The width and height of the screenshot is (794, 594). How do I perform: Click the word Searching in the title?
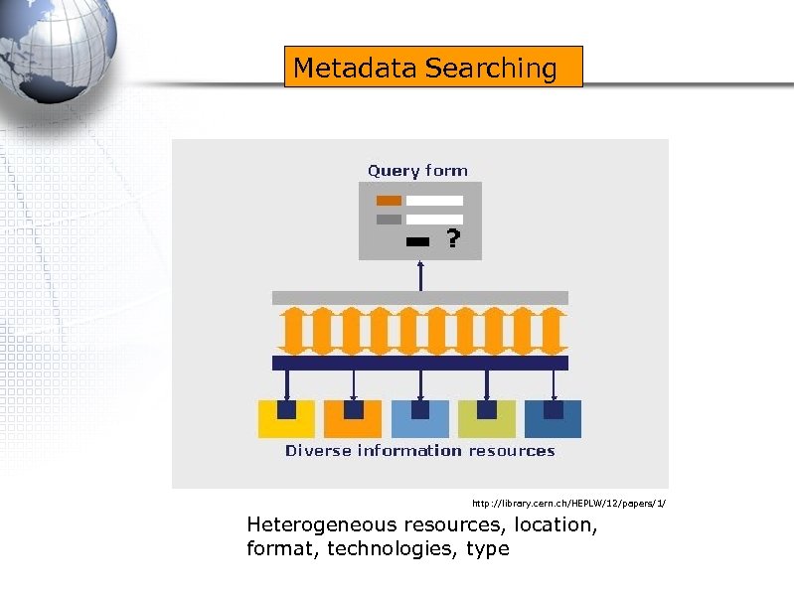coord(491,69)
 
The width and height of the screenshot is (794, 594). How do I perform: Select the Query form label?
coord(417,171)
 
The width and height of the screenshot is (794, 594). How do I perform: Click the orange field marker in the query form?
coord(389,201)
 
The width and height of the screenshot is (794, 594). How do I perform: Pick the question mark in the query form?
coord(452,239)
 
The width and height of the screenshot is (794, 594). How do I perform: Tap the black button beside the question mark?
coord(418,241)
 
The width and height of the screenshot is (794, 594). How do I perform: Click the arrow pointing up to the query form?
coord(420,275)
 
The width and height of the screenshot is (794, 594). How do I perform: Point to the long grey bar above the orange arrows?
coord(419,298)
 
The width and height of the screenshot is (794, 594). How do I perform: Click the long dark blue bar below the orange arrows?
coord(419,364)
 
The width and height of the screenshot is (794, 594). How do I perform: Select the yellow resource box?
coord(286,419)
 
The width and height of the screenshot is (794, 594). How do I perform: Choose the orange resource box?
coord(353,419)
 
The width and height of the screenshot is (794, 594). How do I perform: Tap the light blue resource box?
coord(420,419)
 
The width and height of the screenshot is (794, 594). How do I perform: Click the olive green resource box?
coord(487,419)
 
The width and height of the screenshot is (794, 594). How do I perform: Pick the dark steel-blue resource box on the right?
coord(554,419)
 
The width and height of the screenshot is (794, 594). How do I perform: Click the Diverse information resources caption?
coord(419,451)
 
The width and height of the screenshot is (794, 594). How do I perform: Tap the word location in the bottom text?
coord(557,525)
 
